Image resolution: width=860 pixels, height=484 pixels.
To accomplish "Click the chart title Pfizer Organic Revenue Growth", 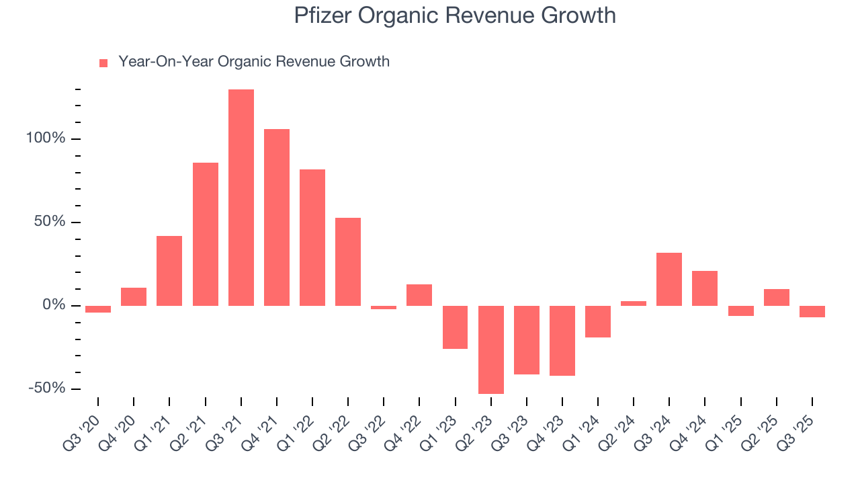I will [x=454, y=15].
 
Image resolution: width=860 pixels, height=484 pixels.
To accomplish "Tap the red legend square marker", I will [x=103, y=63].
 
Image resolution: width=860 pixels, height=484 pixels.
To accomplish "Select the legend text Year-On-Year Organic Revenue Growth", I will [x=254, y=62].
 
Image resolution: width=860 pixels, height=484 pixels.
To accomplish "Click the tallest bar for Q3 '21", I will [x=241, y=198].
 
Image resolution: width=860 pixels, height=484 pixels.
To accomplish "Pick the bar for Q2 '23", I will [x=491, y=350].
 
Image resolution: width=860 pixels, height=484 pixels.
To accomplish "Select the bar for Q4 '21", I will [x=277, y=217].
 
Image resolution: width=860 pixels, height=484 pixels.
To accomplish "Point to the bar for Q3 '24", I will [x=669, y=279].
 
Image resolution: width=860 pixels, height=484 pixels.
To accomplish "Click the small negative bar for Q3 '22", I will [x=384, y=308].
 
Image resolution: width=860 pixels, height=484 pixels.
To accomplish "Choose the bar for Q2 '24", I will [x=634, y=303].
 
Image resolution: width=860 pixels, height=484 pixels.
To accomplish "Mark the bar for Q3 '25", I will [x=812, y=311].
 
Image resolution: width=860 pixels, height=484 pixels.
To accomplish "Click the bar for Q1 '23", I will [x=455, y=327].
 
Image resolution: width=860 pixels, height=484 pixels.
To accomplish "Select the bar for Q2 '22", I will [x=348, y=261].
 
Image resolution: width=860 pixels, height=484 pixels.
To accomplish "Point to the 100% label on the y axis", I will [x=46, y=139].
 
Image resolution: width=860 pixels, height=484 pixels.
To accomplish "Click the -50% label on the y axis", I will [x=47, y=389].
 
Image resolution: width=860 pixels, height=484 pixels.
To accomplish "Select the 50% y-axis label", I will [x=50, y=222].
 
